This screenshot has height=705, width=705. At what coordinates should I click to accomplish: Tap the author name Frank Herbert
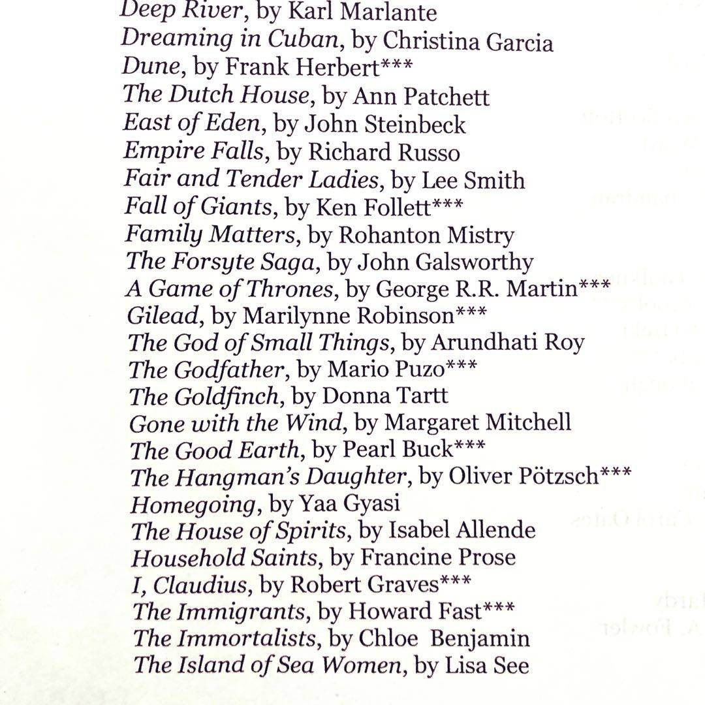pyautogui.click(x=302, y=67)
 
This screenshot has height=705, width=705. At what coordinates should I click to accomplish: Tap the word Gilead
pyautogui.click(x=163, y=315)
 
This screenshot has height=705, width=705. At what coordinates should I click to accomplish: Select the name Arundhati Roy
pyautogui.click(x=508, y=342)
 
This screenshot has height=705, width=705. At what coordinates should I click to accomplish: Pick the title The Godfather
pyautogui.click(x=208, y=369)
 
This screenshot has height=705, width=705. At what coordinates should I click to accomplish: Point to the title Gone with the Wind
pyautogui.click(x=236, y=423)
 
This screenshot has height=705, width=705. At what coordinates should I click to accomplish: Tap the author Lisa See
pyautogui.click(x=487, y=665)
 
